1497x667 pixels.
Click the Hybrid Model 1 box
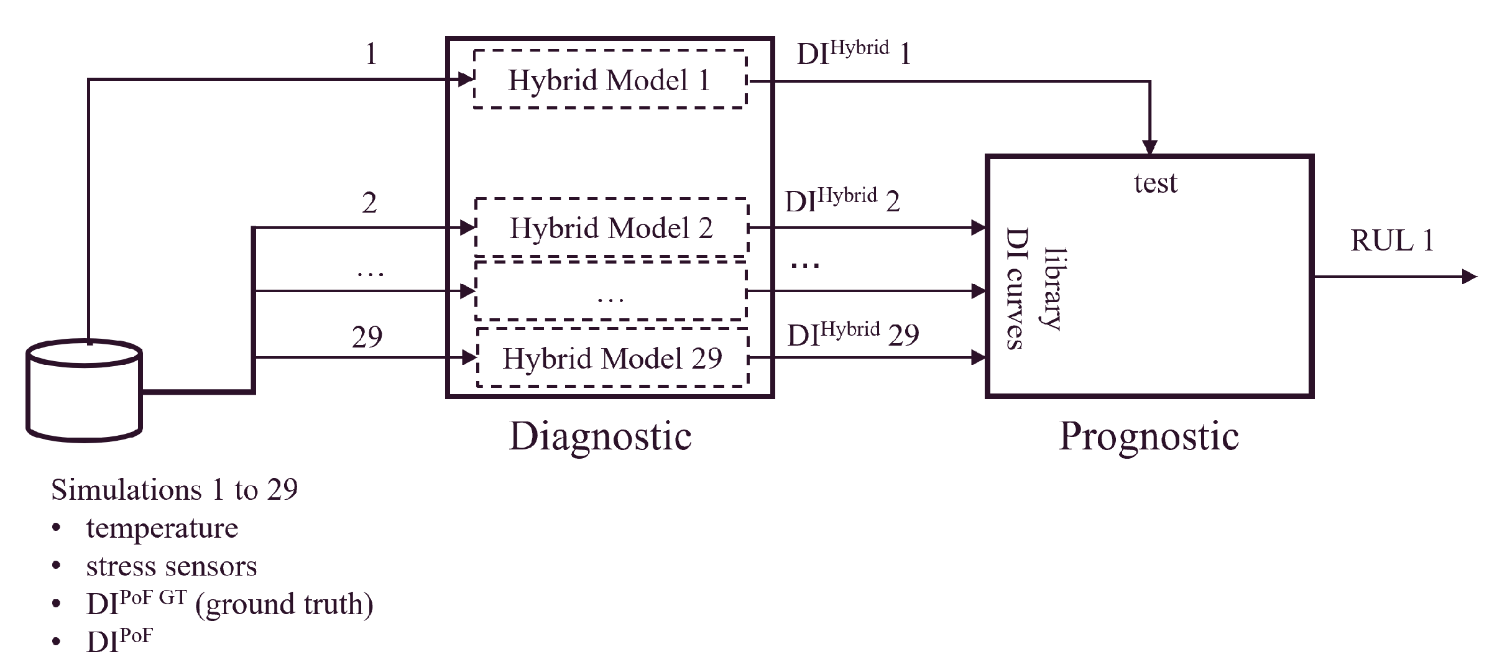pos(609,80)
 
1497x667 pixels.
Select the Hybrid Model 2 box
pos(611,228)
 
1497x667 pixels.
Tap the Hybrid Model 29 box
pos(612,358)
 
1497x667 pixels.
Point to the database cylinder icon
pos(85,390)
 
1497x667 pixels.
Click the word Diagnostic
pos(600,436)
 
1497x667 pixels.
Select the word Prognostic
pos(1149,436)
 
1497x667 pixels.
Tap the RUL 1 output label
pos(1392,241)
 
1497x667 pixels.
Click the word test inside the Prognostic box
pos(1155,183)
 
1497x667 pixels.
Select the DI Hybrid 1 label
pos(854,53)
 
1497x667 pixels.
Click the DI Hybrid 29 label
pos(853,334)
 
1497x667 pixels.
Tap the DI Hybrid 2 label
pos(842,201)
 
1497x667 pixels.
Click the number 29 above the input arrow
pos(367,337)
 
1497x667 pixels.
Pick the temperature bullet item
pos(162,528)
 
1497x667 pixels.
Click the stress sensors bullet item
pos(171,566)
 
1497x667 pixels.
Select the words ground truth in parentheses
pos(285,604)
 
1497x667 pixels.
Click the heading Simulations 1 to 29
pos(174,490)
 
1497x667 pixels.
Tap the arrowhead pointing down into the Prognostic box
pos(1149,147)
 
